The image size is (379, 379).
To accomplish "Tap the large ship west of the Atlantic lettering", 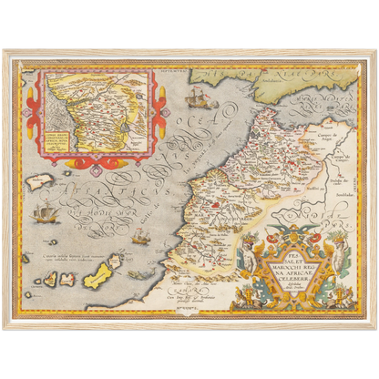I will click(42, 215).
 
